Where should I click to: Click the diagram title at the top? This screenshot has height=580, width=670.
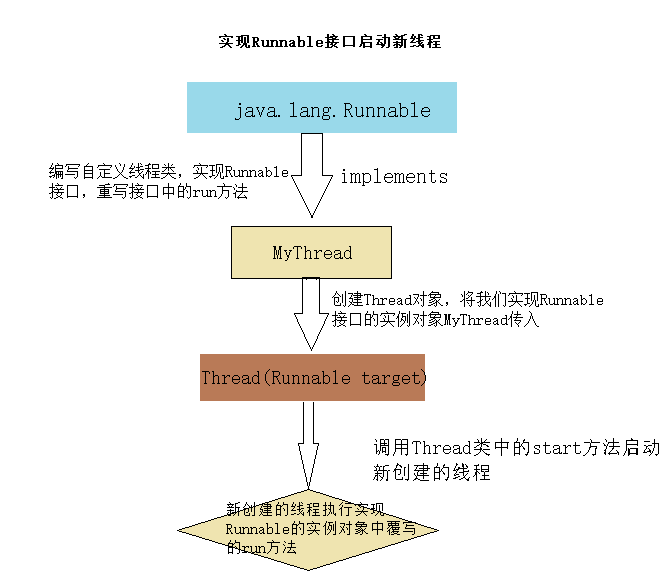tap(329, 42)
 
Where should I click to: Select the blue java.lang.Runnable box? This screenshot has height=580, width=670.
tap(321, 108)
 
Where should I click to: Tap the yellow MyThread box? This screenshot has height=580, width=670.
tap(311, 252)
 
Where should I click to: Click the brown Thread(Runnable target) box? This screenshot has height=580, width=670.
tap(312, 378)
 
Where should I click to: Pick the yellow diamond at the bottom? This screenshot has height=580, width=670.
tap(311, 528)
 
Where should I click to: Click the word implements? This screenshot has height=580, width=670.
tap(394, 177)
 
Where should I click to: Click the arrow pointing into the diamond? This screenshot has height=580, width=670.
tap(309, 446)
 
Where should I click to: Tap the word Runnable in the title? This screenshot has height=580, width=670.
tap(287, 42)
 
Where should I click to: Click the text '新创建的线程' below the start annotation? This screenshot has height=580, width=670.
tap(432, 473)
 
